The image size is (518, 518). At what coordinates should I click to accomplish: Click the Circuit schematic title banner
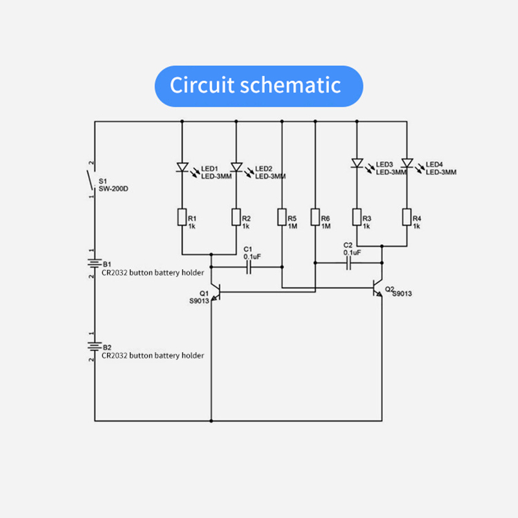258,85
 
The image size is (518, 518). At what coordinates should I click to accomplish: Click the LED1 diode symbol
182,168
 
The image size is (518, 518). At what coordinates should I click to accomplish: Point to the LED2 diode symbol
236,168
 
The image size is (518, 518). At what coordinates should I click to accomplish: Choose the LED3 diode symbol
356,163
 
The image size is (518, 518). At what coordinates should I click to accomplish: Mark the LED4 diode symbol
407,163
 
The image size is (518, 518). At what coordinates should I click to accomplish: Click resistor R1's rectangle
182,218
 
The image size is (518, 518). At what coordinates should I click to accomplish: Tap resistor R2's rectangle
236,218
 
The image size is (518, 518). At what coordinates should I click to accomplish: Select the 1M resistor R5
282,218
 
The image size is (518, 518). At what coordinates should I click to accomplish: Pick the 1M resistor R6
315,218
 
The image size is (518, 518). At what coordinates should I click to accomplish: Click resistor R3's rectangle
356,218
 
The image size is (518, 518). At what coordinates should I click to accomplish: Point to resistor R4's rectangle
407,218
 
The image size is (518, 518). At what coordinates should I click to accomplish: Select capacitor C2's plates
349,263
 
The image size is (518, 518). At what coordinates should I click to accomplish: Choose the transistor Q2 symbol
378,291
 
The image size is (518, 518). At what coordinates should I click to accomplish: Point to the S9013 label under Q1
199,301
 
